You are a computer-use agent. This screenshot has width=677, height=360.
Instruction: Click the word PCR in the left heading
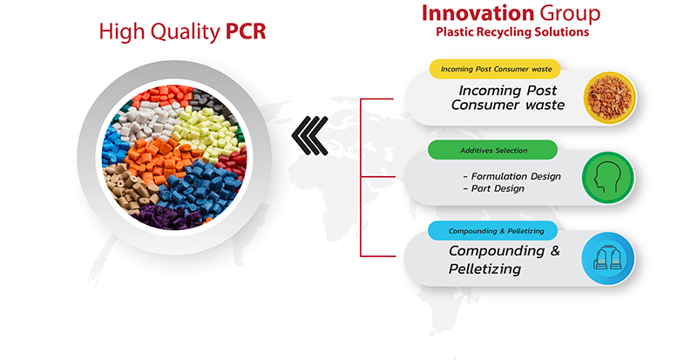pos(246,31)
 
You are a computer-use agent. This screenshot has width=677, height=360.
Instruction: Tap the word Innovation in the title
pos(477,13)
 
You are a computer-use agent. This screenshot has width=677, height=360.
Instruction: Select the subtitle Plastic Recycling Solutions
pos(512,32)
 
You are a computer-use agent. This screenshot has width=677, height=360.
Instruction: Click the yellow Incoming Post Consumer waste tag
pos(495,69)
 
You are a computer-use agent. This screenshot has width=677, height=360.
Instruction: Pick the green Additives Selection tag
pos(492,151)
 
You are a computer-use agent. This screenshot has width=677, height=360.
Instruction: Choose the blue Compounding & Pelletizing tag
pos(492,231)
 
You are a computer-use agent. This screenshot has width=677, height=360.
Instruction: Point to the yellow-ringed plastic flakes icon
pos(610,98)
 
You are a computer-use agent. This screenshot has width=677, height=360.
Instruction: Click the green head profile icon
pos(608,178)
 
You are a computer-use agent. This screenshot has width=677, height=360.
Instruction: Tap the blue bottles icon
pos(608,258)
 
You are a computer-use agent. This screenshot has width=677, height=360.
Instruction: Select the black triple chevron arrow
pos(309,136)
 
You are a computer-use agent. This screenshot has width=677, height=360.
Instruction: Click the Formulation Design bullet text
pos(511,176)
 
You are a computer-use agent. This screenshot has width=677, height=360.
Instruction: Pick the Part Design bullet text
pos(493,188)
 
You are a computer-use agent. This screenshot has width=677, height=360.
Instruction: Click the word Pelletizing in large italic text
pos(484,268)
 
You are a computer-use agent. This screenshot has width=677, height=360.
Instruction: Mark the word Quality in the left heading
pos(186,32)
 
